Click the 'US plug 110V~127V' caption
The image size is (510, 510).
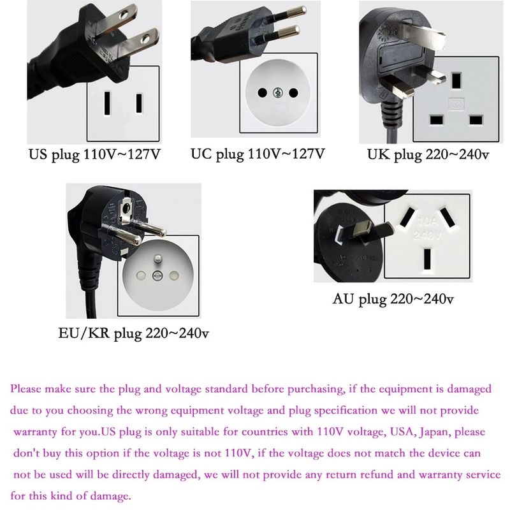click(x=94, y=154)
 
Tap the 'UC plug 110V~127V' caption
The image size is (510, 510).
click(x=258, y=154)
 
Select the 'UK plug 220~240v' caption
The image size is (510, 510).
click(x=428, y=154)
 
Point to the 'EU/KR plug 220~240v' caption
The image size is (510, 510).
click(x=133, y=333)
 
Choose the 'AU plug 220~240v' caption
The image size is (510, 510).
click(x=393, y=299)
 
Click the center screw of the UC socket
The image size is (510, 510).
click(x=278, y=93)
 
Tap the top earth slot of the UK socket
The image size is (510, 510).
click(x=456, y=80)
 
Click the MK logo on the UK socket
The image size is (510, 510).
click(x=456, y=104)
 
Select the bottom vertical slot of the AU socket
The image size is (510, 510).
click(x=427, y=259)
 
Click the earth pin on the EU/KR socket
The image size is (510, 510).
click(x=157, y=259)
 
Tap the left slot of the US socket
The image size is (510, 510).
click(x=107, y=103)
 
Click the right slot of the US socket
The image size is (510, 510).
click(x=139, y=103)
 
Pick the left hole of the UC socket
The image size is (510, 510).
click(x=262, y=93)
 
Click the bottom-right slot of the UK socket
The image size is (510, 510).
click(x=476, y=120)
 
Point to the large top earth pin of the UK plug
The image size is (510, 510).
click(x=423, y=35)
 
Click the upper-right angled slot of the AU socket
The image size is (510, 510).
click(x=448, y=217)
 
